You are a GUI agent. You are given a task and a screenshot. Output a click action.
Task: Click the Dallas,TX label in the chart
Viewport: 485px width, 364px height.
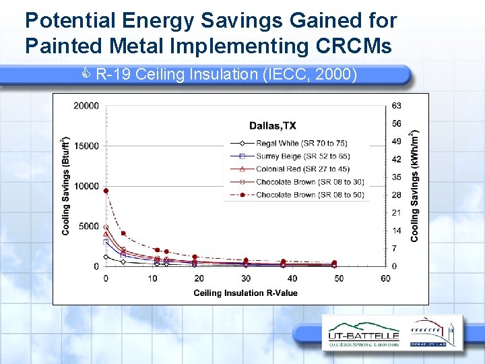coord(272,125)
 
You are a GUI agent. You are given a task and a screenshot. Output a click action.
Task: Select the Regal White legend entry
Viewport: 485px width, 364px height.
coord(301,143)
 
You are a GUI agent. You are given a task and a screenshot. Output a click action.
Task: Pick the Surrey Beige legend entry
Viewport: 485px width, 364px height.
coord(302,156)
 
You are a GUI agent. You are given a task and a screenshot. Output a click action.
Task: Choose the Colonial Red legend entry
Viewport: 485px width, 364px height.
coord(302,169)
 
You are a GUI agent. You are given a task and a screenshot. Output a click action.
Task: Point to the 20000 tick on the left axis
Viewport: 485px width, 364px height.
coord(86,106)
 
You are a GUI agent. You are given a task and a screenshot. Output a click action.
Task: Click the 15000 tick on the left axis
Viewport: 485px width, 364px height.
coord(86,146)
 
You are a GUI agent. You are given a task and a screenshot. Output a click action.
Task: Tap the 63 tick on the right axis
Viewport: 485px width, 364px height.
coord(397,106)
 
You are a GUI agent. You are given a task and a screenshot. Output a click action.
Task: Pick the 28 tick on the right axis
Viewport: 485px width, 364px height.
coord(397,195)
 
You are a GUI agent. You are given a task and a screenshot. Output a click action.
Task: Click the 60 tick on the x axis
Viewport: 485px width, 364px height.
coord(385,279)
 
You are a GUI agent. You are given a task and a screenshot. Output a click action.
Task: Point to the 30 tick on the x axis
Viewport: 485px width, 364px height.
coord(246,279)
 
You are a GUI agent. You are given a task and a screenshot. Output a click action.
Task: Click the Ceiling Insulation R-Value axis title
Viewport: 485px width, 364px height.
coord(245,293)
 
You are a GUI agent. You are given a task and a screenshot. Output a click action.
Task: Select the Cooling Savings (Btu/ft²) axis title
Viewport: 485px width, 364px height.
coord(66,187)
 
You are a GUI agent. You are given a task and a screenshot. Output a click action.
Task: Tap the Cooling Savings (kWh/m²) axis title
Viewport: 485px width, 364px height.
coord(415,187)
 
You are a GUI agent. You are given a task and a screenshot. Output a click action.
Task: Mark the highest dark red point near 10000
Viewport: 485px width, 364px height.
coord(106,191)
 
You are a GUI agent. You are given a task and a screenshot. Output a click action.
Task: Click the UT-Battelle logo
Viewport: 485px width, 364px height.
coord(363,335)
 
